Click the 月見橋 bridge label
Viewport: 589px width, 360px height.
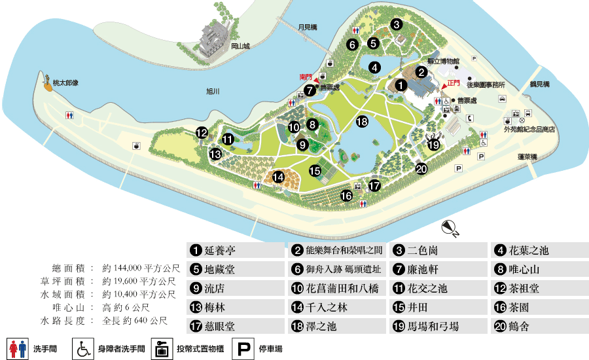[x=307, y=27]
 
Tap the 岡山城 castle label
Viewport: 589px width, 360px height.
[x=241, y=46]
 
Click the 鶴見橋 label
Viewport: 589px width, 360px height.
[x=540, y=85]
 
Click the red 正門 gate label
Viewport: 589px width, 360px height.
[x=453, y=83]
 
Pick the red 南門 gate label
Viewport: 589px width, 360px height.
[x=306, y=77]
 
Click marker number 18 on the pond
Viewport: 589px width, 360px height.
[x=363, y=121]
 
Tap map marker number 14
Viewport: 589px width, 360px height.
[x=278, y=176]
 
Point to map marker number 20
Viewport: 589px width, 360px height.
[x=421, y=169]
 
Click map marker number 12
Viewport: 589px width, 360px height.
[x=202, y=133]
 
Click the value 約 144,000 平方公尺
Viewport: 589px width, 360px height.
[x=140, y=268]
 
